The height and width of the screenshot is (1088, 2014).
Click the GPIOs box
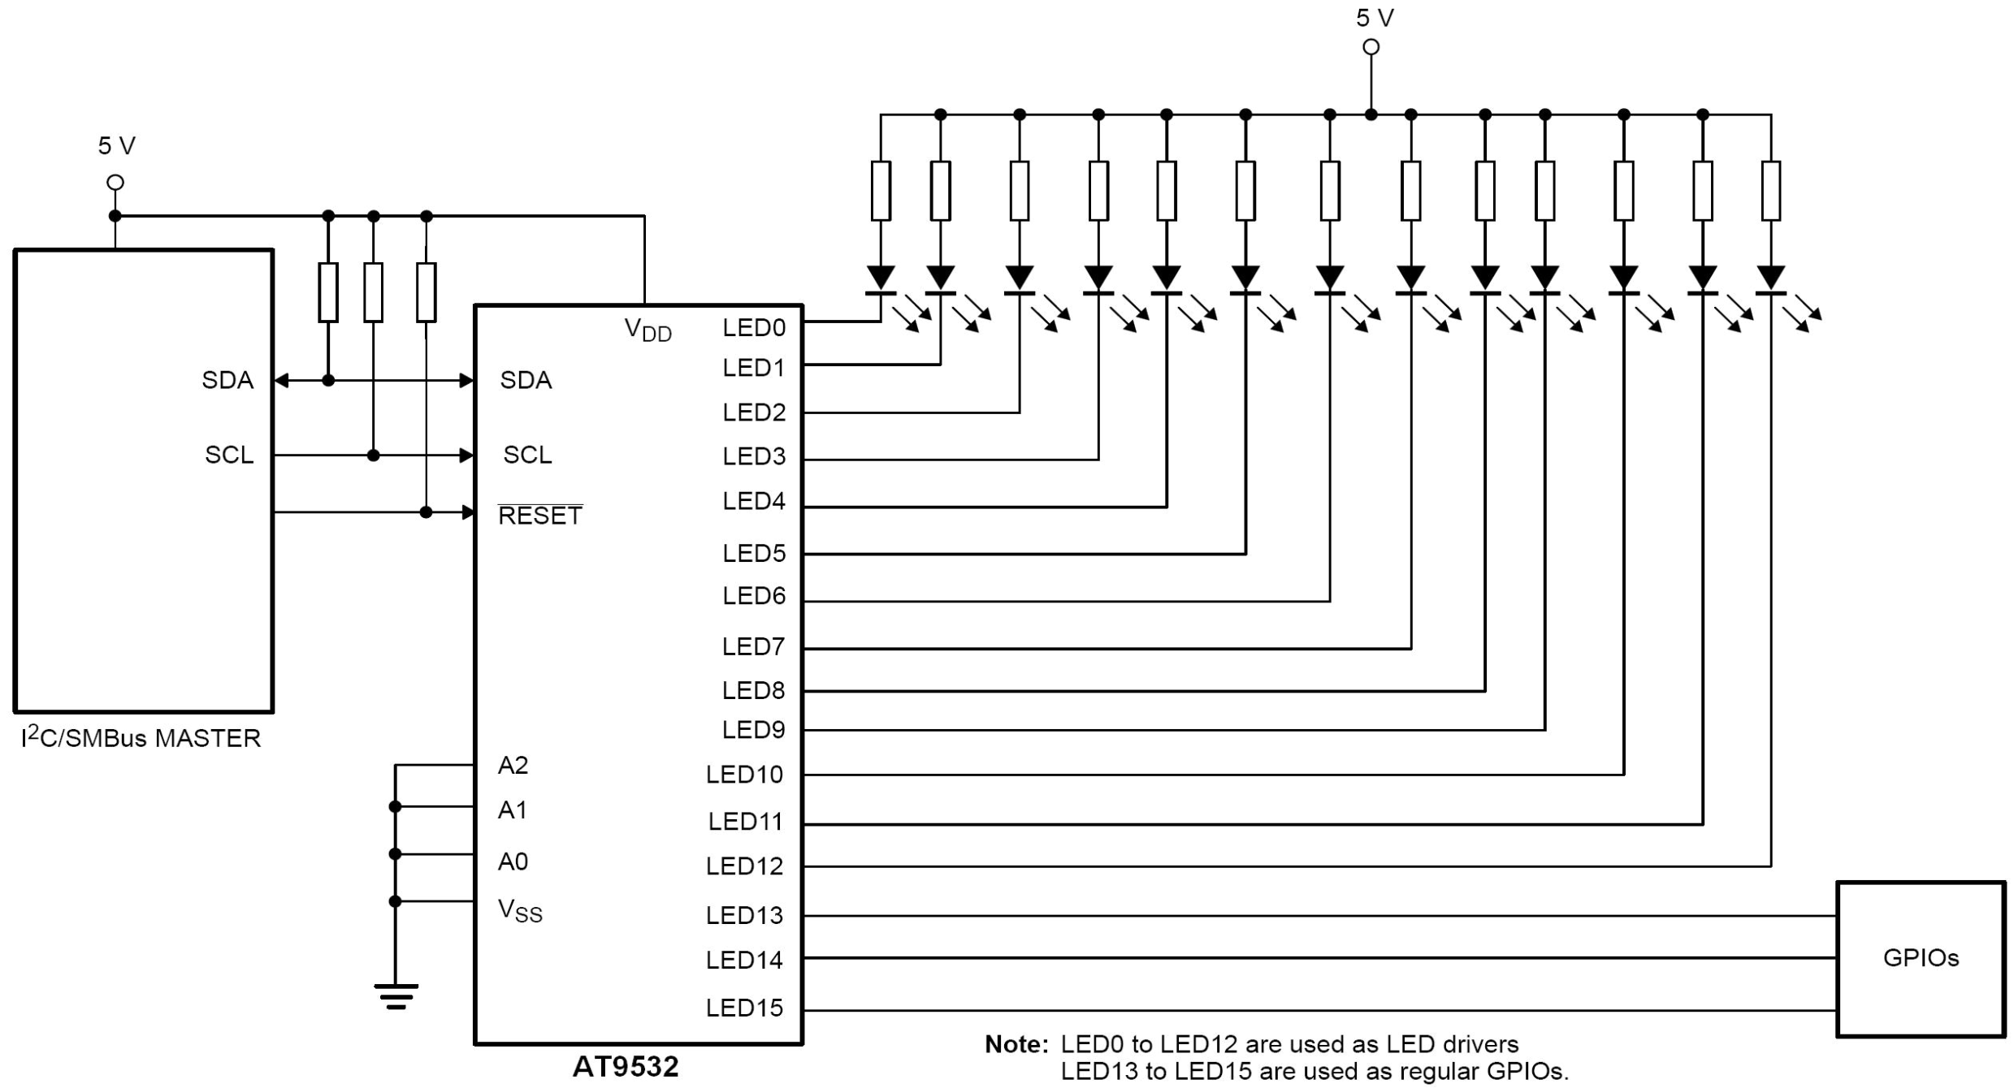pyautogui.click(x=1921, y=959)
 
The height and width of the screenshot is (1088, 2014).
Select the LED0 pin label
pyautogui.click(x=754, y=328)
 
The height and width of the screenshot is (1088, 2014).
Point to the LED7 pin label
pyautogui.click(x=753, y=647)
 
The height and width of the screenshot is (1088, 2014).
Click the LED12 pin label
pyautogui.click(x=744, y=866)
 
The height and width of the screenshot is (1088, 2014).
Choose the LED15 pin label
pyautogui.click(x=744, y=1008)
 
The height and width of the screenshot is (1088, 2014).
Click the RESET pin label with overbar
pyautogui.click(x=539, y=515)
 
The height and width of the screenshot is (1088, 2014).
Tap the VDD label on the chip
pyautogui.click(x=648, y=330)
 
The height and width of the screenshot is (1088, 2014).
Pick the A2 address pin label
pyautogui.click(x=513, y=766)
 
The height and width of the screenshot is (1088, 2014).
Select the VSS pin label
pyautogui.click(x=519, y=911)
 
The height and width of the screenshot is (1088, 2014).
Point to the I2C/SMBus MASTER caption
pyautogui.click(x=141, y=738)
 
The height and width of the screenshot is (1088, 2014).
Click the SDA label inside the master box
pyautogui.click(x=227, y=381)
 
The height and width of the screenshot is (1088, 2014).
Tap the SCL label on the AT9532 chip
pyautogui.click(x=527, y=455)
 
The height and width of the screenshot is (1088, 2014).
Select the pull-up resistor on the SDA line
pyautogui.click(x=328, y=292)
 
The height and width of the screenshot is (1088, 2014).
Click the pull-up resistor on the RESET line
pyautogui.click(x=426, y=292)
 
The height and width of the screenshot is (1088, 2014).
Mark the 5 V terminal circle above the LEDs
pyautogui.click(x=1371, y=47)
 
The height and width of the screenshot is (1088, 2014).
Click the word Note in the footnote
pyautogui.click(x=1016, y=1044)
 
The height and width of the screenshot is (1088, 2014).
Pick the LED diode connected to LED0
pyautogui.click(x=881, y=279)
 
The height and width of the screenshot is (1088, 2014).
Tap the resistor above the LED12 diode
pyautogui.click(x=1770, y=191)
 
